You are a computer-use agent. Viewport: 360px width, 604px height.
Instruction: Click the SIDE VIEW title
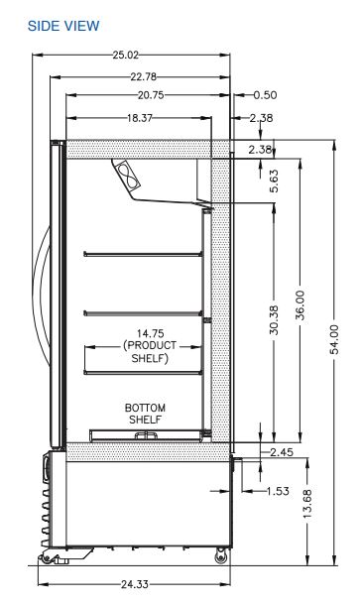click(x=63, y=26)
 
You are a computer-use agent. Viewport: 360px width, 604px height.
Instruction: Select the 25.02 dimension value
click(x=126, y=55)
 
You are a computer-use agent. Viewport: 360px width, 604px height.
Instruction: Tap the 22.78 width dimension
click(x=143, y=76)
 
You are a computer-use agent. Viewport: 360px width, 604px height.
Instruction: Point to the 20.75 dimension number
click(x=151, y=95)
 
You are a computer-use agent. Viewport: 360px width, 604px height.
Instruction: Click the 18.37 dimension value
click(x=140, y=117)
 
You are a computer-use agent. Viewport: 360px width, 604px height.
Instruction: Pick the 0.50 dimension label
click(x=265, y=95)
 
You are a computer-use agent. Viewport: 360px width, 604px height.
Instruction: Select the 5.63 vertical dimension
click(x=274, y=181)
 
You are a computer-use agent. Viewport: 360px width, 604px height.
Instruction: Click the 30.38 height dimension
click(x=274, y=319)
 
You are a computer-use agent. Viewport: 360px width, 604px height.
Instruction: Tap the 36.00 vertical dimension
click(x=300, y=305)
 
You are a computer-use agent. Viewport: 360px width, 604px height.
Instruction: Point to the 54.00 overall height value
click(x=334, y=339)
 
